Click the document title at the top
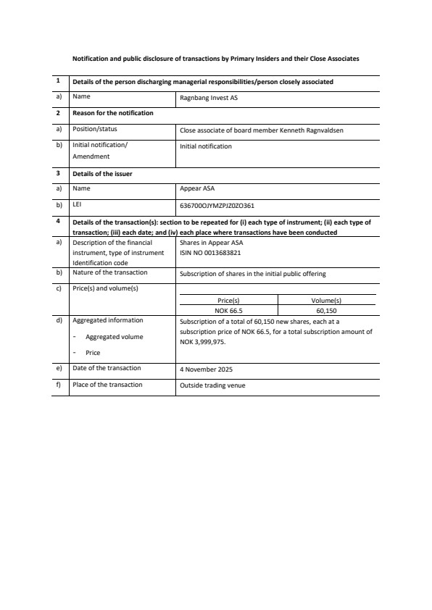click(x=215, y=58)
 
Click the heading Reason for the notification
click(x=112, y=113)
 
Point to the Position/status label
click(x=95, y=129)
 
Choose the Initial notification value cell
click(x=206, y=146)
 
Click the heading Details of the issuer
click(x=102, y=173)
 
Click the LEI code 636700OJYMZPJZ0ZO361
click(x=216, y=205)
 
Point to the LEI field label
click(x=77, y=204)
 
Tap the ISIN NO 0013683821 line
click(x=210, y=253)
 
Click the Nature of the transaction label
click(x=109, y=272)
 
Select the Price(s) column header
click(x=228, y=301)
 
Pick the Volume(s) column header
click(x=326, y=301)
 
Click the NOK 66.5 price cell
click(x=228, y=310)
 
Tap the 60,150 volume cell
click(x=326, y=310)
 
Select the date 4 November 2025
click(x=206, y=369)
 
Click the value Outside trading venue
click(x=212, y=385)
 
